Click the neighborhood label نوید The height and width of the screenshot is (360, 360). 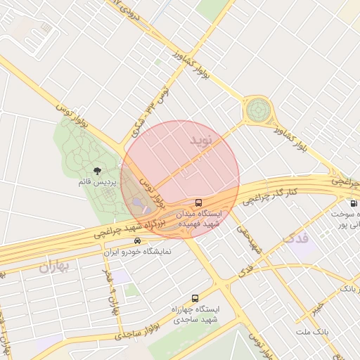click(200, 141)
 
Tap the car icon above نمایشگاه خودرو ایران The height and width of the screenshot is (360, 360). click(137, 240)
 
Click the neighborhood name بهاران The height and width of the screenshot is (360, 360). click(56, 266)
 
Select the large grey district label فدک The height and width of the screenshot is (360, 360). click(295, 238)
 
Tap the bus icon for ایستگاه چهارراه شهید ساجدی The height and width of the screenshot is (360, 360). click(195, 298)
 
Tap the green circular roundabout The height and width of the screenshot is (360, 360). click(258, 110)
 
